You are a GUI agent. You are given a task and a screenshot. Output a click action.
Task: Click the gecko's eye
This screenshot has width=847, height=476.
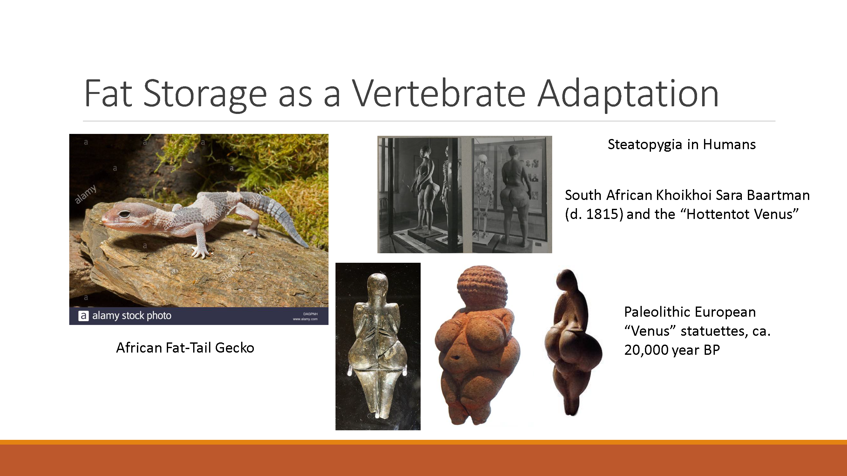(x=125, y=215)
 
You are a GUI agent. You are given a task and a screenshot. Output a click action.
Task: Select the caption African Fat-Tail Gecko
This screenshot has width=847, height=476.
(x=185, y=347)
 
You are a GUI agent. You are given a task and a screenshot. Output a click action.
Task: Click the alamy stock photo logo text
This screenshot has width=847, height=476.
(x=132, y=316)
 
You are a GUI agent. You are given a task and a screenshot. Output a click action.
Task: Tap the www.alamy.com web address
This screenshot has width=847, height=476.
(x=305, y=319)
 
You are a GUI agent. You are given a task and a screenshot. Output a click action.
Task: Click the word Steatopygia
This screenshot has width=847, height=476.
(x=644, y=144)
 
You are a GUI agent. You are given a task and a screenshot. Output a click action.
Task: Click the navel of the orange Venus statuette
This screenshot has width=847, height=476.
(x=456, y=357)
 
